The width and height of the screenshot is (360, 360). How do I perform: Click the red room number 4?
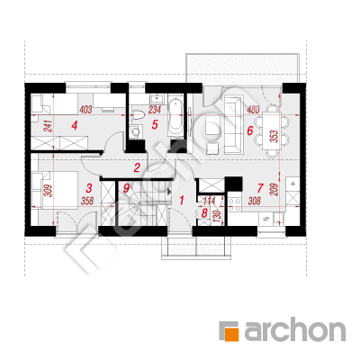(x=75, y=125)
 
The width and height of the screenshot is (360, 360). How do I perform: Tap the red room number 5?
(x=155, y=124)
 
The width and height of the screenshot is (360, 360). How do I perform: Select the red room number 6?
(x=250, y=130)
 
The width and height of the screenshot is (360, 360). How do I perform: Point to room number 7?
(x=260, y=188)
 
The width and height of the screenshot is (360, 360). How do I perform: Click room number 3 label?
(x=88, y=188)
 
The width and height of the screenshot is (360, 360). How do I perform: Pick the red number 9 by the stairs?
(x=126, y=188)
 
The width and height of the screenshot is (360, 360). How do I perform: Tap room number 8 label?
(x=204, y=213)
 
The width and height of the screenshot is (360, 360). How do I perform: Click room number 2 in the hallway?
(x=137, y=167)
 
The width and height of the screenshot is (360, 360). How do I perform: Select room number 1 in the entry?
(x=182, y=200)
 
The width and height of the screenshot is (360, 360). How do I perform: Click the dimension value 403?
(x=85, y=110)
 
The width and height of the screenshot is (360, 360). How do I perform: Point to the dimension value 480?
(x=253, y=110)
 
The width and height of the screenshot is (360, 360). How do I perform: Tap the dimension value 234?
(x=155, y=110)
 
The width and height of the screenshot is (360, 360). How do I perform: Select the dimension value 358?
(x=87, y=201)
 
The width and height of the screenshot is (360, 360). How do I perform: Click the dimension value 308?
(x=255, y=201)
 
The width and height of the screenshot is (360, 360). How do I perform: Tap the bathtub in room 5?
(x=175, y=116)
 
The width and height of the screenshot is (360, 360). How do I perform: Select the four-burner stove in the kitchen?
(x=235, y=204)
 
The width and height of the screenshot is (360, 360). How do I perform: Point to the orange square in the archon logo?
(x=231, y=334)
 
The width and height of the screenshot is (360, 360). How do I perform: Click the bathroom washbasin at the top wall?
(x=157, y=98)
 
